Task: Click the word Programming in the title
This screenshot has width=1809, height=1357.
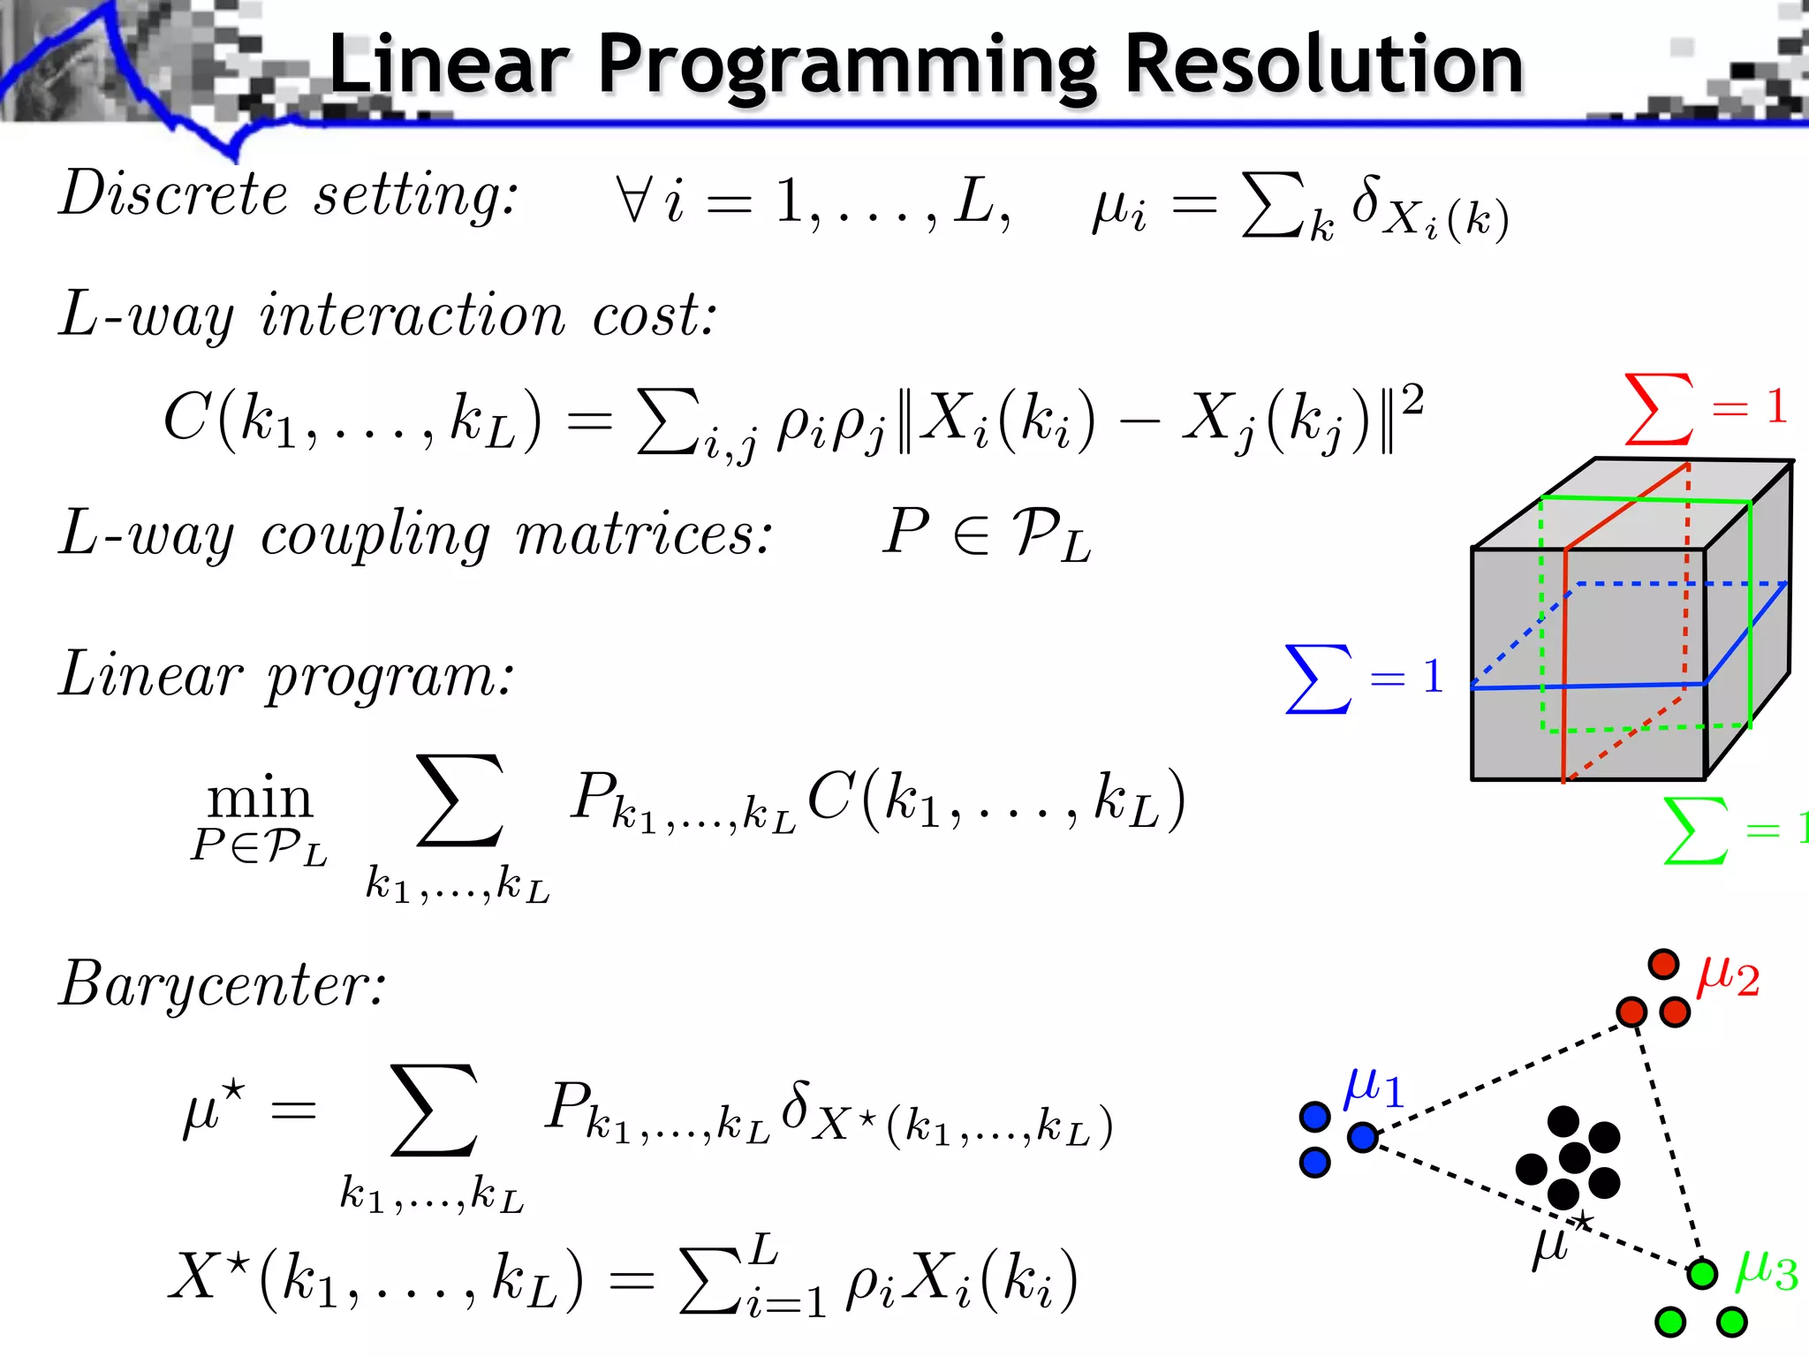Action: pyautogui.click(x=847, y=66)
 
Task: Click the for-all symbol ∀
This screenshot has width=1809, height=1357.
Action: pyautogui.click(x=633, y=198)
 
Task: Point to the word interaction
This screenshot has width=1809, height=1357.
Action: pyautogui.click(x=412, y=315)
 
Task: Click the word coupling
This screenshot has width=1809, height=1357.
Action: pyautogui.click(x=375, y=535)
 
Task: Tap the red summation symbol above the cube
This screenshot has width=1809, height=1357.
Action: pyautogui.click(x=1659, y=408)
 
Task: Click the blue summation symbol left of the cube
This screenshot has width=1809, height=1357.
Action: pyautogui.click(x=1318, y=678)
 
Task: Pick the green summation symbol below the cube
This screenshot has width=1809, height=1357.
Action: pyautogui.click(x=1694, y=830)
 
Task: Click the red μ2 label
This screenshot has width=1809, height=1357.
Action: pyautogui.click(x=1728, y=976)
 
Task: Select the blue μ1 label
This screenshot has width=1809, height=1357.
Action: pyautogui.click(x=1373, y=1088)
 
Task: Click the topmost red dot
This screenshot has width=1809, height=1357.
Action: pyautogui.click(x=1663, y=964)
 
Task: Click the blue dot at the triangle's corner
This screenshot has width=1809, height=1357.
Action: pyautogui.click(x=1363, y=1137)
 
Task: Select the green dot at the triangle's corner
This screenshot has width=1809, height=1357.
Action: pyautogui.click(x=1701, y=1273)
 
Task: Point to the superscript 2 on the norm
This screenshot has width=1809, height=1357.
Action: pyautogui.click(x=1412, y=399)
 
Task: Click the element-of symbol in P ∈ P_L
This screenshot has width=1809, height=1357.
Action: pyautogui.click(x=971, y=535)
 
